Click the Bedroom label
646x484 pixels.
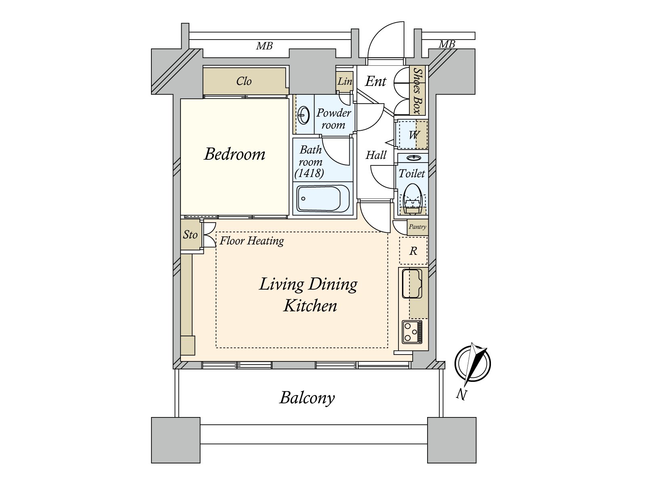235,154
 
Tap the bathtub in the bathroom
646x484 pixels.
323,199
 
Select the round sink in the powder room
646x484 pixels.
304,115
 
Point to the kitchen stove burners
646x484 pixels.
412,332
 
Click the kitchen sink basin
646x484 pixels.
412,283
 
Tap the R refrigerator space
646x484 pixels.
413,251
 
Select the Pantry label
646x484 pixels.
417,227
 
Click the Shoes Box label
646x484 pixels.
417,90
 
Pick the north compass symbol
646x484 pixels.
472,363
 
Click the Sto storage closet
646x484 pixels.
190,235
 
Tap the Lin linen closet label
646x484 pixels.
345,81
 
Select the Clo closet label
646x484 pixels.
244,81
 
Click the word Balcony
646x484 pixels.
307,398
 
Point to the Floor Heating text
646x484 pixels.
252,241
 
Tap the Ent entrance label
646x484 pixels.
375,81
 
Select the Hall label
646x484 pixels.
376,155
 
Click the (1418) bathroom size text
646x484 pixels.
309,173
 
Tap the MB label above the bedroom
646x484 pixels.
264,46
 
